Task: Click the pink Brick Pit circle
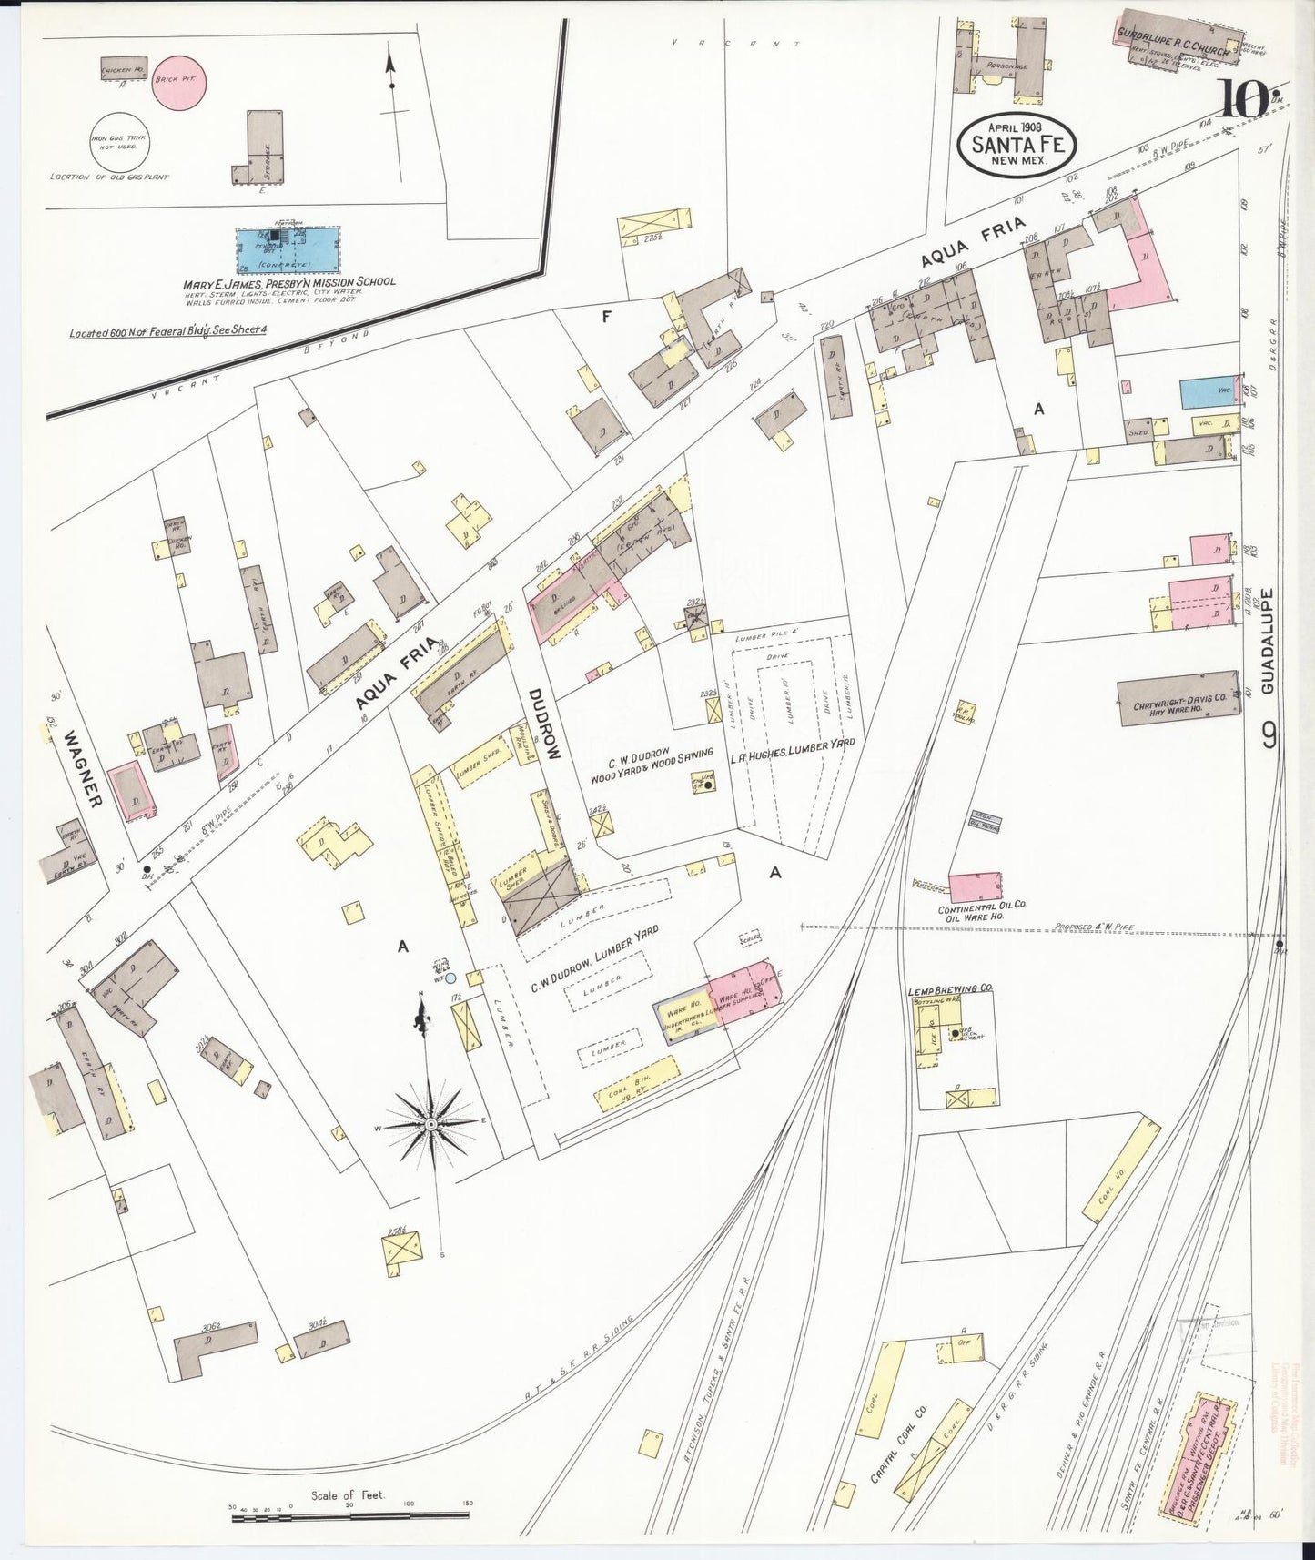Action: pyautogui.click(x=178, y=81)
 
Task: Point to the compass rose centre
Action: pyautogui.click(x=430, y=1125)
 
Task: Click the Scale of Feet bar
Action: pyautogui.click(x=349, y=1512)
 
